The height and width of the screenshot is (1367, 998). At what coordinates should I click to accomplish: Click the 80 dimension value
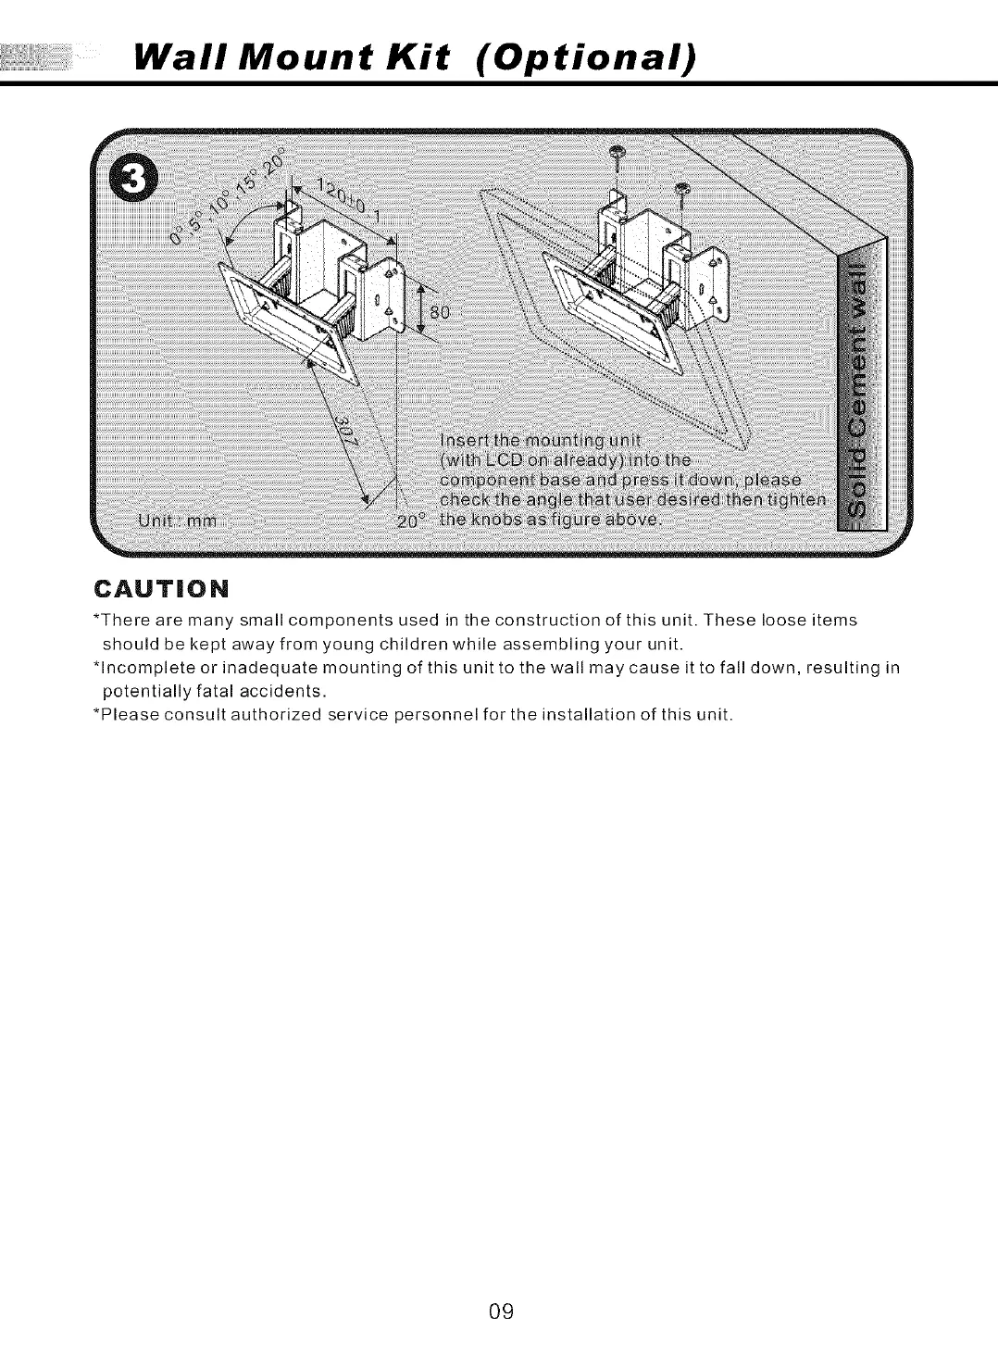(x=437, y=312)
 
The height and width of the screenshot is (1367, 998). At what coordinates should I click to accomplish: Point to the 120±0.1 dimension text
(x=339, y=201)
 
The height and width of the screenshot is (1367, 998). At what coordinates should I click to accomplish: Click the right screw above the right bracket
(x=682, y=191)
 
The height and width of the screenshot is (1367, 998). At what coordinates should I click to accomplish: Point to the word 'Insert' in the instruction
(x=460, y=438)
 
